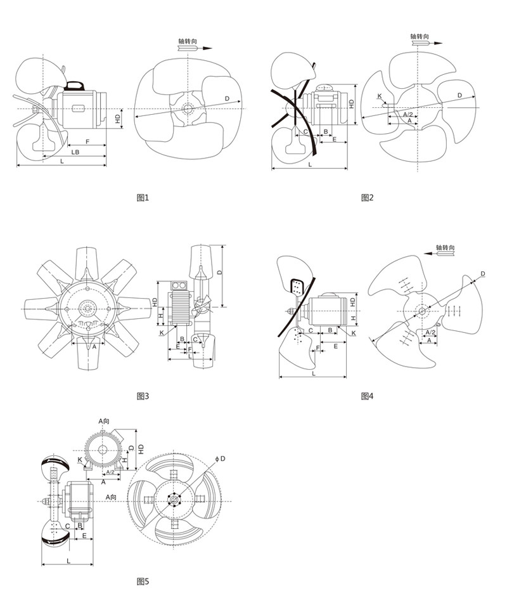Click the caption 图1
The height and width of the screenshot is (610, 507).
(143, 198)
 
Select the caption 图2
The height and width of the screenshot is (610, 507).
(367, 198)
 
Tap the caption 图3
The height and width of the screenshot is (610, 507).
(143, 396)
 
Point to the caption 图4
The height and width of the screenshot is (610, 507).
(367, 396)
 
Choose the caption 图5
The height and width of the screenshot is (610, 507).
(143, 581)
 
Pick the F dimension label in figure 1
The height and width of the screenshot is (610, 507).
(87, 141)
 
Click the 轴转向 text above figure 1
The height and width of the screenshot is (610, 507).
(188, 41)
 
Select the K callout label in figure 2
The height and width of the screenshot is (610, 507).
(380, 96)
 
